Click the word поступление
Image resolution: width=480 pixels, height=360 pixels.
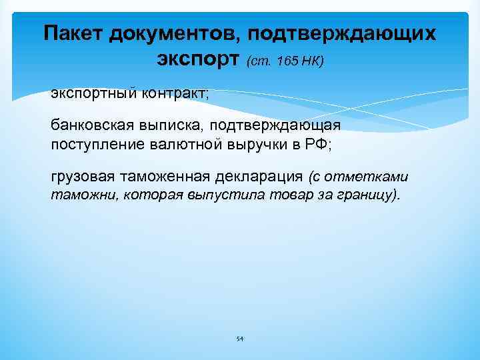(x=91, y=144)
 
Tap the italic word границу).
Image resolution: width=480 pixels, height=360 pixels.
(x=369, y=196)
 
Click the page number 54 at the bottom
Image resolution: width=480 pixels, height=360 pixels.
(x=240, y=339)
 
